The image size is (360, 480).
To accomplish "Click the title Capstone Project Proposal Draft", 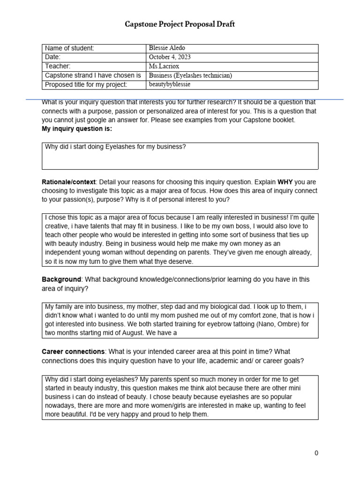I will point(180,24).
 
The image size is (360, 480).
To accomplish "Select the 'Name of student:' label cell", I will point(69,48).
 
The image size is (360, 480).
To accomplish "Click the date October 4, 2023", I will point(170,57).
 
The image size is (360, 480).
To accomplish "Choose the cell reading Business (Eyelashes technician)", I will point(190,75).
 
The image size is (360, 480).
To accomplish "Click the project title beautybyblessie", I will point(170,84).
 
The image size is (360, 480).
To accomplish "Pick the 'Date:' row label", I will point(53,57).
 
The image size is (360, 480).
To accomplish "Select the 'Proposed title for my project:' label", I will point(86,84).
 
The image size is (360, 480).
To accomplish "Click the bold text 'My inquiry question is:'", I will point(77,128).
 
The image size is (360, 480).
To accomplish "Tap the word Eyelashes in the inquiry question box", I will point(120,147).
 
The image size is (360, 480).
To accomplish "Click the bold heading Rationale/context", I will point(68,181).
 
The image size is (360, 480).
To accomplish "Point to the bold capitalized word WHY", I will point(286,181).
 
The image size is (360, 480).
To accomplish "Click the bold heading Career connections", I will point(73,352).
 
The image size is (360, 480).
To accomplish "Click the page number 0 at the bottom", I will point(316,453).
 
